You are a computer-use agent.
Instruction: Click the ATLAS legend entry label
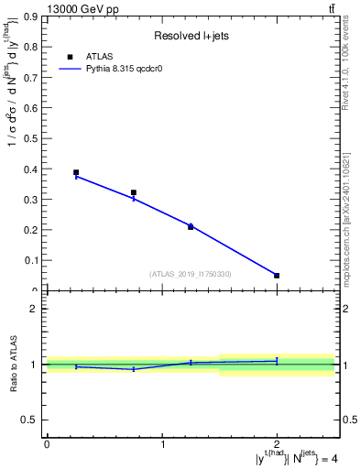click(100, 56)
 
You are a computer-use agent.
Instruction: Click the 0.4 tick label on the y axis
click(32, 169)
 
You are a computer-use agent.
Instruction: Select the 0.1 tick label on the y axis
click(32, 261)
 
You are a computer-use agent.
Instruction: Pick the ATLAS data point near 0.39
click(76, 172)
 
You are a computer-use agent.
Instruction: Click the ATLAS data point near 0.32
click(134, 193)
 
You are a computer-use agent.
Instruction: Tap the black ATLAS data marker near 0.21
click(191, 226)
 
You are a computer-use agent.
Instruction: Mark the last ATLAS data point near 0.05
click(277, 275)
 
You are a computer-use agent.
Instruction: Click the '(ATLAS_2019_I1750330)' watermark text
click(191, 274)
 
